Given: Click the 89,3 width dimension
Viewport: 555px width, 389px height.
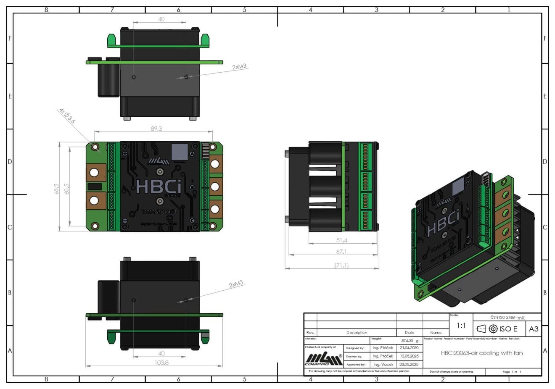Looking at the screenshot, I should [x=156, y=129].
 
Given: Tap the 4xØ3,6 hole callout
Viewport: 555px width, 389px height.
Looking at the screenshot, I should [x=67, y=116].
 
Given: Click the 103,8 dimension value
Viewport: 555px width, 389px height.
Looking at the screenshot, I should [x=161, y=362].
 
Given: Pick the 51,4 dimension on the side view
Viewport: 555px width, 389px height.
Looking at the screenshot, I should [x=342, y=240].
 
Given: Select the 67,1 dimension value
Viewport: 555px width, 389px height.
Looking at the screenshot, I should [x=341, y=252].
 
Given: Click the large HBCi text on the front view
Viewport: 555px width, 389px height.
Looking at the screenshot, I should [x=159, y=186].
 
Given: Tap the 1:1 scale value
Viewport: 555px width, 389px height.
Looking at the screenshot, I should [x=461, y=326].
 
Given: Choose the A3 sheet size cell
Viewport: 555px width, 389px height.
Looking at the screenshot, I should [x=533, y=329].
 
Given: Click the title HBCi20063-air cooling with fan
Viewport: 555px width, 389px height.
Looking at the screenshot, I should [x=482, y=353].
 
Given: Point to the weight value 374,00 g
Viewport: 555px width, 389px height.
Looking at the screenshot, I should [x=409, y=341].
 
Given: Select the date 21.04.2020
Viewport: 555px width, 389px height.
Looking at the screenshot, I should [x=409, y=348].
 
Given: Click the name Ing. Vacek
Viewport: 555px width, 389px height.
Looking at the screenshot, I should [x=383, y=364].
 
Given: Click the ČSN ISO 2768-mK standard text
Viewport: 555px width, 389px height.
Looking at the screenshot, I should [x=507, y=317].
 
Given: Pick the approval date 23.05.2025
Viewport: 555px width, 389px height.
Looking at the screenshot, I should [x=409, y=364].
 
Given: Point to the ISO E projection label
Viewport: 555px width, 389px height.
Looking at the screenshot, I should [x=508, y=329].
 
